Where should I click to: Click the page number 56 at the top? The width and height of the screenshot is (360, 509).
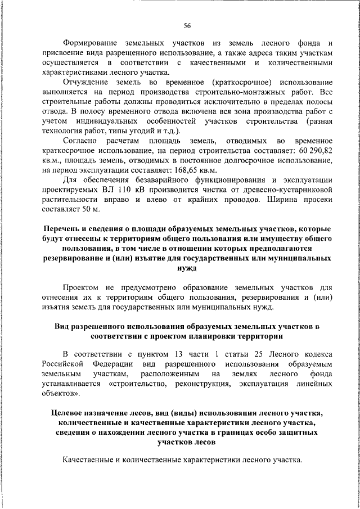tap(187, 25)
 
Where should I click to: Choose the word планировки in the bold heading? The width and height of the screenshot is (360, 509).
tap(218, 336)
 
